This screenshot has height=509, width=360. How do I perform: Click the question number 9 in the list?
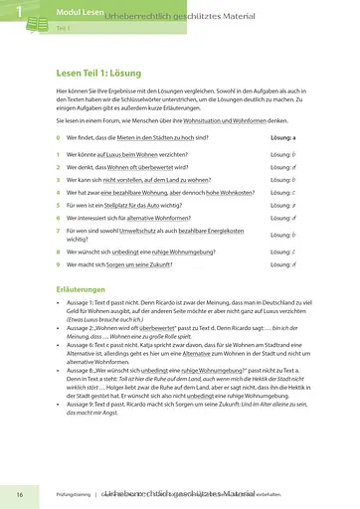coord(59,265)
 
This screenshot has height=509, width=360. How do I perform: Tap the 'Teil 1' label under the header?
coord(63,30)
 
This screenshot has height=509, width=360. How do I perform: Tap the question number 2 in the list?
coord(59,167)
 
